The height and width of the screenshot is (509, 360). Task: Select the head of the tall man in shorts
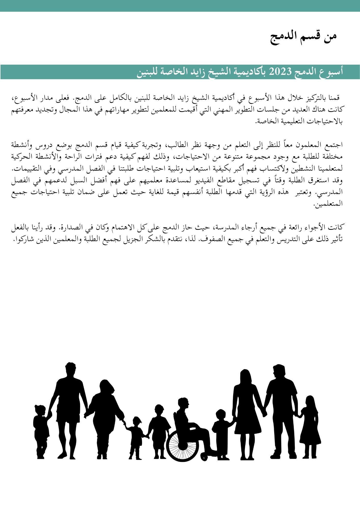click(70, 370)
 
